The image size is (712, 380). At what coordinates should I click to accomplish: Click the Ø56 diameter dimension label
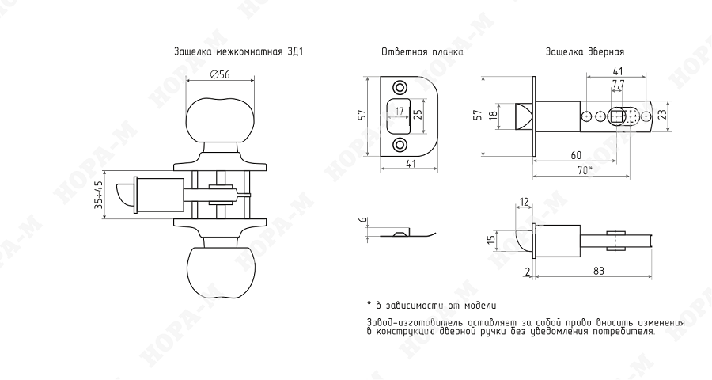(x=220, y=74)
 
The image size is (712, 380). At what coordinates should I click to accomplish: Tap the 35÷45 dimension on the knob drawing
(x=99, y=196)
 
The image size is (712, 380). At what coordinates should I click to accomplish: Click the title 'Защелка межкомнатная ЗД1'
(x=238, y=51)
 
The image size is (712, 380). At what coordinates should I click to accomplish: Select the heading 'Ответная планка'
(x=422, y=51)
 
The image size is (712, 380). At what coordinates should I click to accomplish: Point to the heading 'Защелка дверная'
(x=585, y=51)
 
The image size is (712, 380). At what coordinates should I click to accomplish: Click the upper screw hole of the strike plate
(x=400, y=87)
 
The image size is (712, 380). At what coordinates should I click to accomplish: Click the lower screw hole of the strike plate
(x=400, y=146)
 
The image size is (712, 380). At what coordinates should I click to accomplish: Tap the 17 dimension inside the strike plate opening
(x=400, y=112)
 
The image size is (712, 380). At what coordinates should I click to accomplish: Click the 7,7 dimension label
(x=618, y=84)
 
